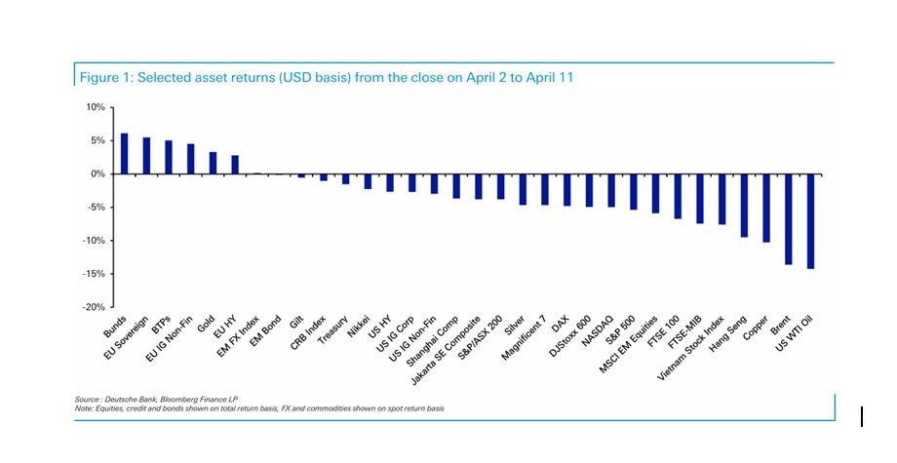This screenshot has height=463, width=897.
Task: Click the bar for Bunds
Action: click(x=124, y=154)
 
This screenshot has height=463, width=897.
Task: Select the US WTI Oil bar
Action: click(x=810, y=221)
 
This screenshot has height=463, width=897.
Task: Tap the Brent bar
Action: click(x=788, y=219)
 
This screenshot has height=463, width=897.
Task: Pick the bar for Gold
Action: click(x=213, y=163)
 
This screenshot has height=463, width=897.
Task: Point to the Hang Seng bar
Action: click(x=744, y=206)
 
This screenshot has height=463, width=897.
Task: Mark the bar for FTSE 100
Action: click(x=678, y=196)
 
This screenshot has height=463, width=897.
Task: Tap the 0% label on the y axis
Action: click(x=97, y=174)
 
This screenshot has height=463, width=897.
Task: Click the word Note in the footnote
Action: click(x=83, y=408)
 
